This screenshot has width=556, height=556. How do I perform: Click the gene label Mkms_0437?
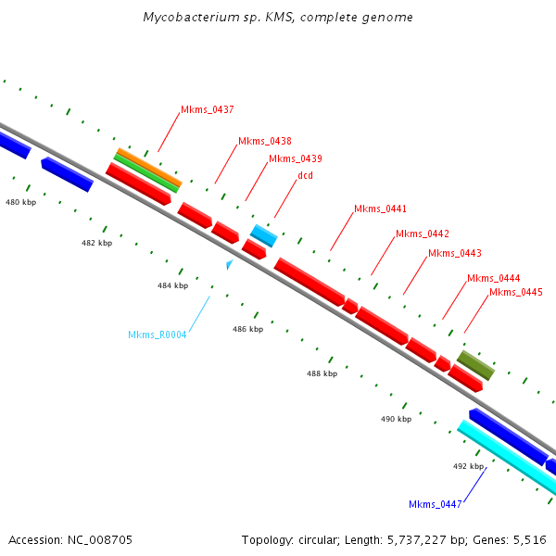point(207,109)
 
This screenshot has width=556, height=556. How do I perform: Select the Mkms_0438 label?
point(264,141)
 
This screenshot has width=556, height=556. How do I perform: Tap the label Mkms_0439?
point(295,158)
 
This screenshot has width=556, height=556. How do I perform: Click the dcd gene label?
point(305,175)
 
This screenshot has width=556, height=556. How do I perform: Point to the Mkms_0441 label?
point(380,208)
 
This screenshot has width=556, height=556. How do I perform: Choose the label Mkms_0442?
point(422,234)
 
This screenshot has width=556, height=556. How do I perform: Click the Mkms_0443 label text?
point(454,253)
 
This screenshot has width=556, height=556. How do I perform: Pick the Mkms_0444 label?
point(493,278)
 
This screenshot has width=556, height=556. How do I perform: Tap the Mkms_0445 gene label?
point(515,292)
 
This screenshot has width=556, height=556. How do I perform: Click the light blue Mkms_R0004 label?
point(157,335)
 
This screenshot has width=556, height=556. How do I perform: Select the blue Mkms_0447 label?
point(435,504)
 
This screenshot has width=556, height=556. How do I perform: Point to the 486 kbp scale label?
point(247,329)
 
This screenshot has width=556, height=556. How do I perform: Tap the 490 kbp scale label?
point(396,419)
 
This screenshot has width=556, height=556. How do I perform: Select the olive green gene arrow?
point(476,365)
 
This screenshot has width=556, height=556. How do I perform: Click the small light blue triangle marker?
point(229,265)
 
